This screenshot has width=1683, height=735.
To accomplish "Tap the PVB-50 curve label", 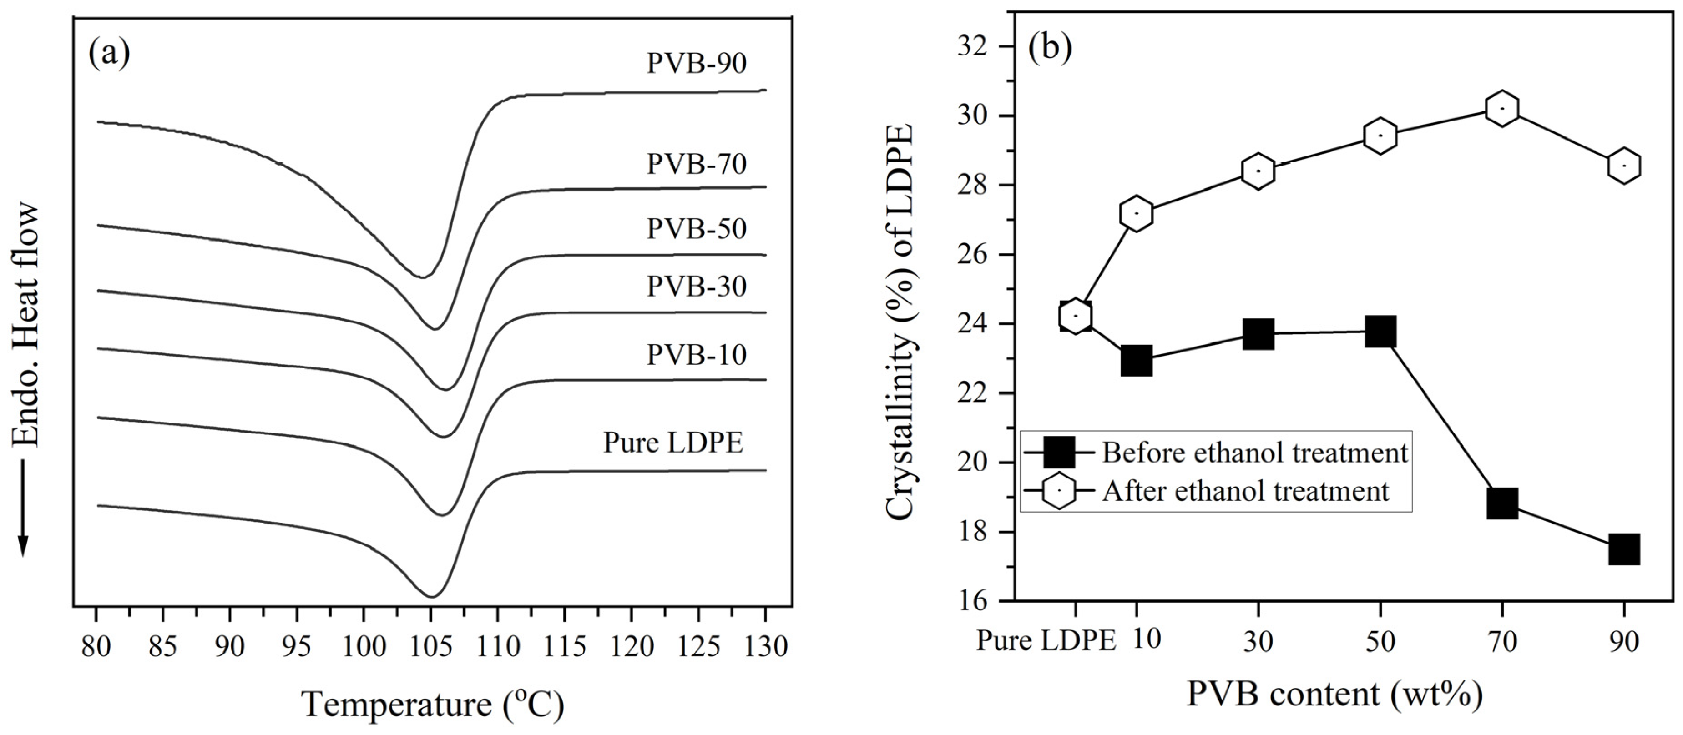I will pyautogui.click(x=697, y=229).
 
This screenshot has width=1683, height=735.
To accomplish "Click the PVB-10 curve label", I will pyautogui.click(x=697, y=355).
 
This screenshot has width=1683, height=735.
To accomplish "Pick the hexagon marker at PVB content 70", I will pyautogui.click(x=1502, y=108).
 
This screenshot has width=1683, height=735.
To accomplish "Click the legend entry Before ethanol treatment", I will pyautogui.click(x=1254, y=453).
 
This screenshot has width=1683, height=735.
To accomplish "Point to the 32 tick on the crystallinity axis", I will pyautogui.click(x=986, y=47).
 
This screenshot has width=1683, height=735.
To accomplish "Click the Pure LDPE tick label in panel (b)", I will pyautogui.click(x=1046, y=641).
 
